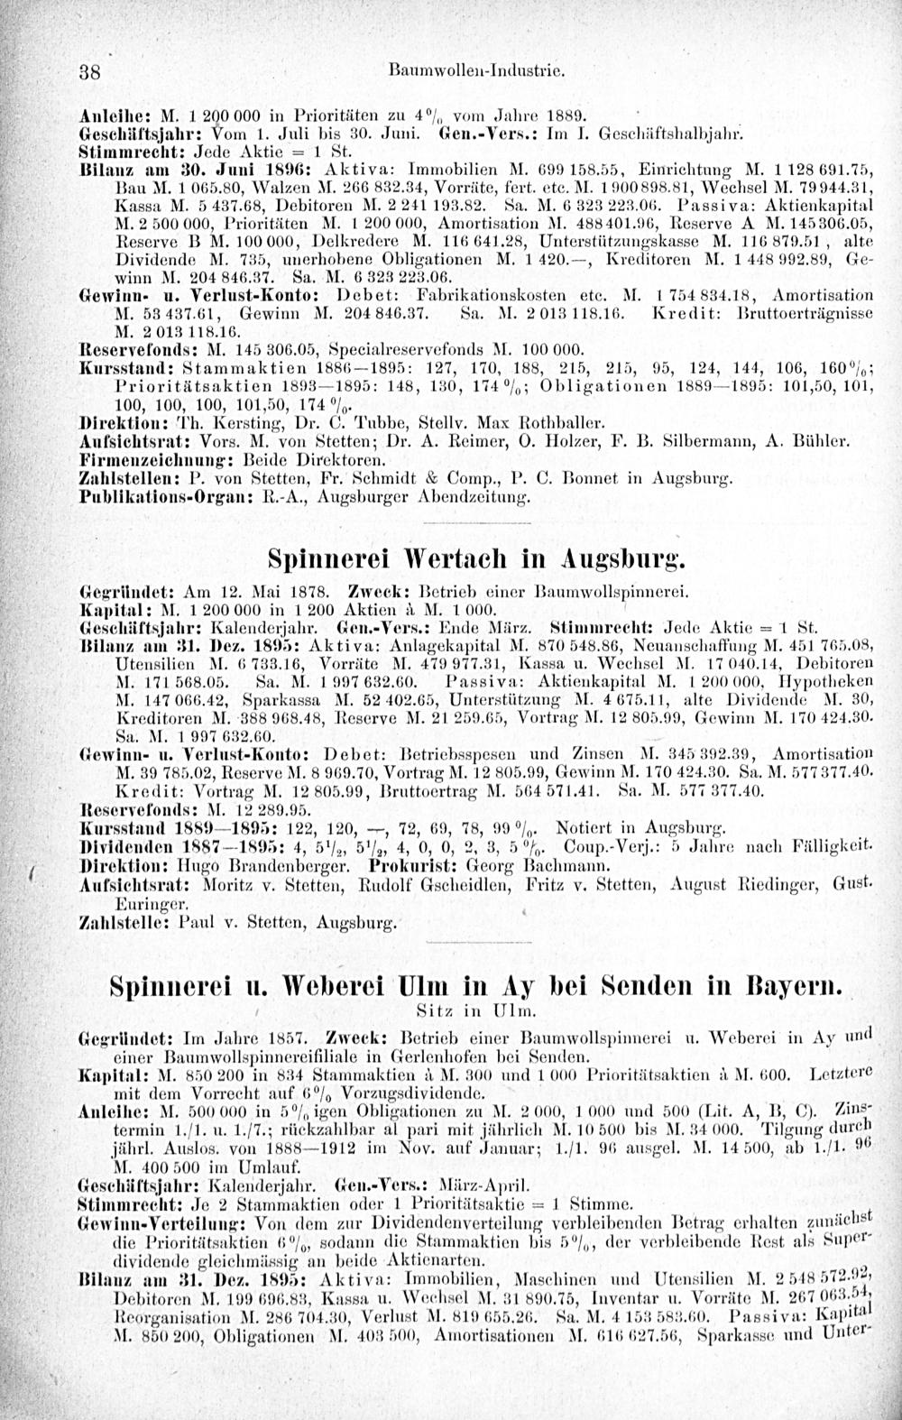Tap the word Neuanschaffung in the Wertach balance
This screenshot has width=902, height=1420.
click(x=609, y=644)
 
